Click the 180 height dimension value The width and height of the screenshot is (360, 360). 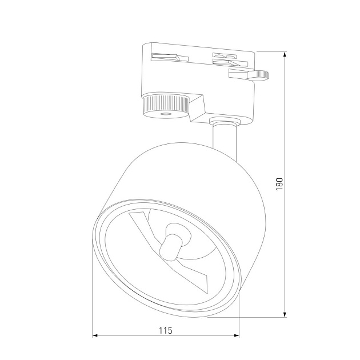point(279,184)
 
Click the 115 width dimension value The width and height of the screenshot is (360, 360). point(166,330)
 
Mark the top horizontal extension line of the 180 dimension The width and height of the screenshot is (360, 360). point(269,51)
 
